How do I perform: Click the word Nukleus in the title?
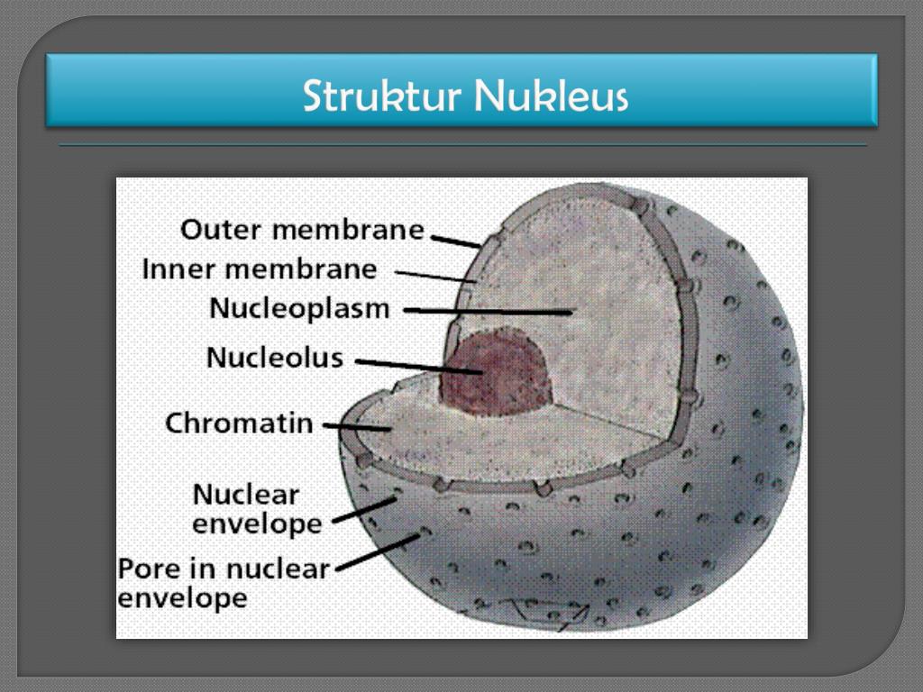coord(551,96)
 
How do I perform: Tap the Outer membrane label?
coord(302,230)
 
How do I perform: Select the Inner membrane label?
coord(260,269)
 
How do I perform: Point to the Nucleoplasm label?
coord(299,308)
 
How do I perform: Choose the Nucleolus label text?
coord(275,358)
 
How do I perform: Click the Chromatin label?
coord(239,423)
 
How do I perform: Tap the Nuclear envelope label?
coord(257,508)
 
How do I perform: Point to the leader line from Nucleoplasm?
coord(487,311)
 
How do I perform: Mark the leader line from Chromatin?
coord(357,427)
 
